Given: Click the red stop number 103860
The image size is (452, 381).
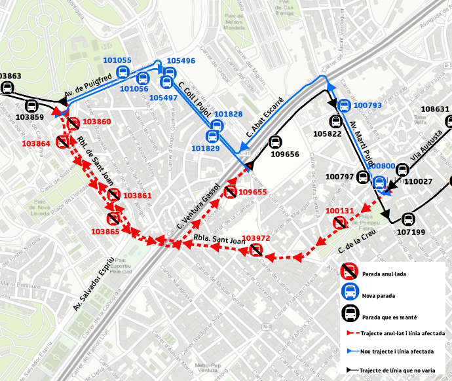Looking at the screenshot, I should [97, 122].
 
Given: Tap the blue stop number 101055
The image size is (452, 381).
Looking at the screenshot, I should [117, 60].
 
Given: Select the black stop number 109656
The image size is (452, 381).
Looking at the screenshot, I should [285, 155].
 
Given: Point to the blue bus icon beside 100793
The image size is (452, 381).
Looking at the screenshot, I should [344, 105].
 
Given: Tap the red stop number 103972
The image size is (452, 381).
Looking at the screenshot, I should [255, 238].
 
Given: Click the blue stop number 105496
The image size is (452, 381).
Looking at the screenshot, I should [181, 61].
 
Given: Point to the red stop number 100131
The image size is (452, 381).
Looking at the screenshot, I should [339, 211].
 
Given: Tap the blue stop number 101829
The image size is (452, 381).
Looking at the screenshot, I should [205, 149].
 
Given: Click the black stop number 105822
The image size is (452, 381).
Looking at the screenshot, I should [327, 134].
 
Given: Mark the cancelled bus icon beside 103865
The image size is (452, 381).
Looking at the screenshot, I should [113, 218].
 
